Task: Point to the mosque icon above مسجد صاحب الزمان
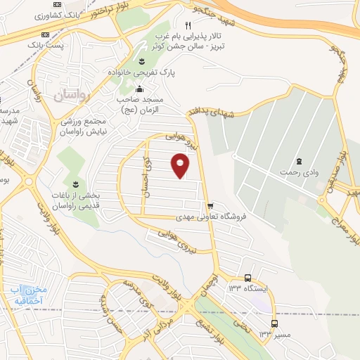click(x=139, y=89)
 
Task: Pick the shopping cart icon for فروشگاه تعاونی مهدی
click(x=210, y=206)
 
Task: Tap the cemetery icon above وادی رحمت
click(x=300, y=162)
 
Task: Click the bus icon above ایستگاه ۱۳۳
click(x=247, y=278)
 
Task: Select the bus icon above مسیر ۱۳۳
click(x=274, y=324)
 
